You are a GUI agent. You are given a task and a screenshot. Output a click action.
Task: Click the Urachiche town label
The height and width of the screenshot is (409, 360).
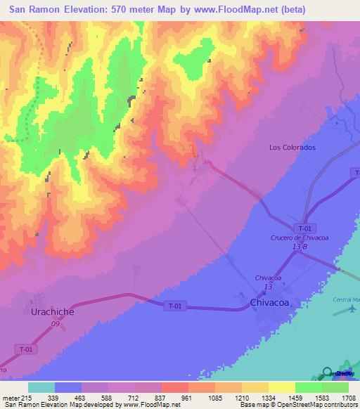coord(53,310)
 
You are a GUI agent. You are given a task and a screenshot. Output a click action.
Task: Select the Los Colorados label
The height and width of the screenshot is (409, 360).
coord(292,148)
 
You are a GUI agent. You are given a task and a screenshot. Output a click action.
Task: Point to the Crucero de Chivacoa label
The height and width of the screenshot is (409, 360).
coord(300,238)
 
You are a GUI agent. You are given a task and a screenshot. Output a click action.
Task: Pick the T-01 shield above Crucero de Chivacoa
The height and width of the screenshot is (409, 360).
coord(304,228)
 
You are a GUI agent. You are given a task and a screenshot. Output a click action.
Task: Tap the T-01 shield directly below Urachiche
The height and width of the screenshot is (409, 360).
coord(25,349)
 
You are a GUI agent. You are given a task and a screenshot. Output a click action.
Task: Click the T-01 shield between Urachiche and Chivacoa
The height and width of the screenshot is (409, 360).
coord(176,306)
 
